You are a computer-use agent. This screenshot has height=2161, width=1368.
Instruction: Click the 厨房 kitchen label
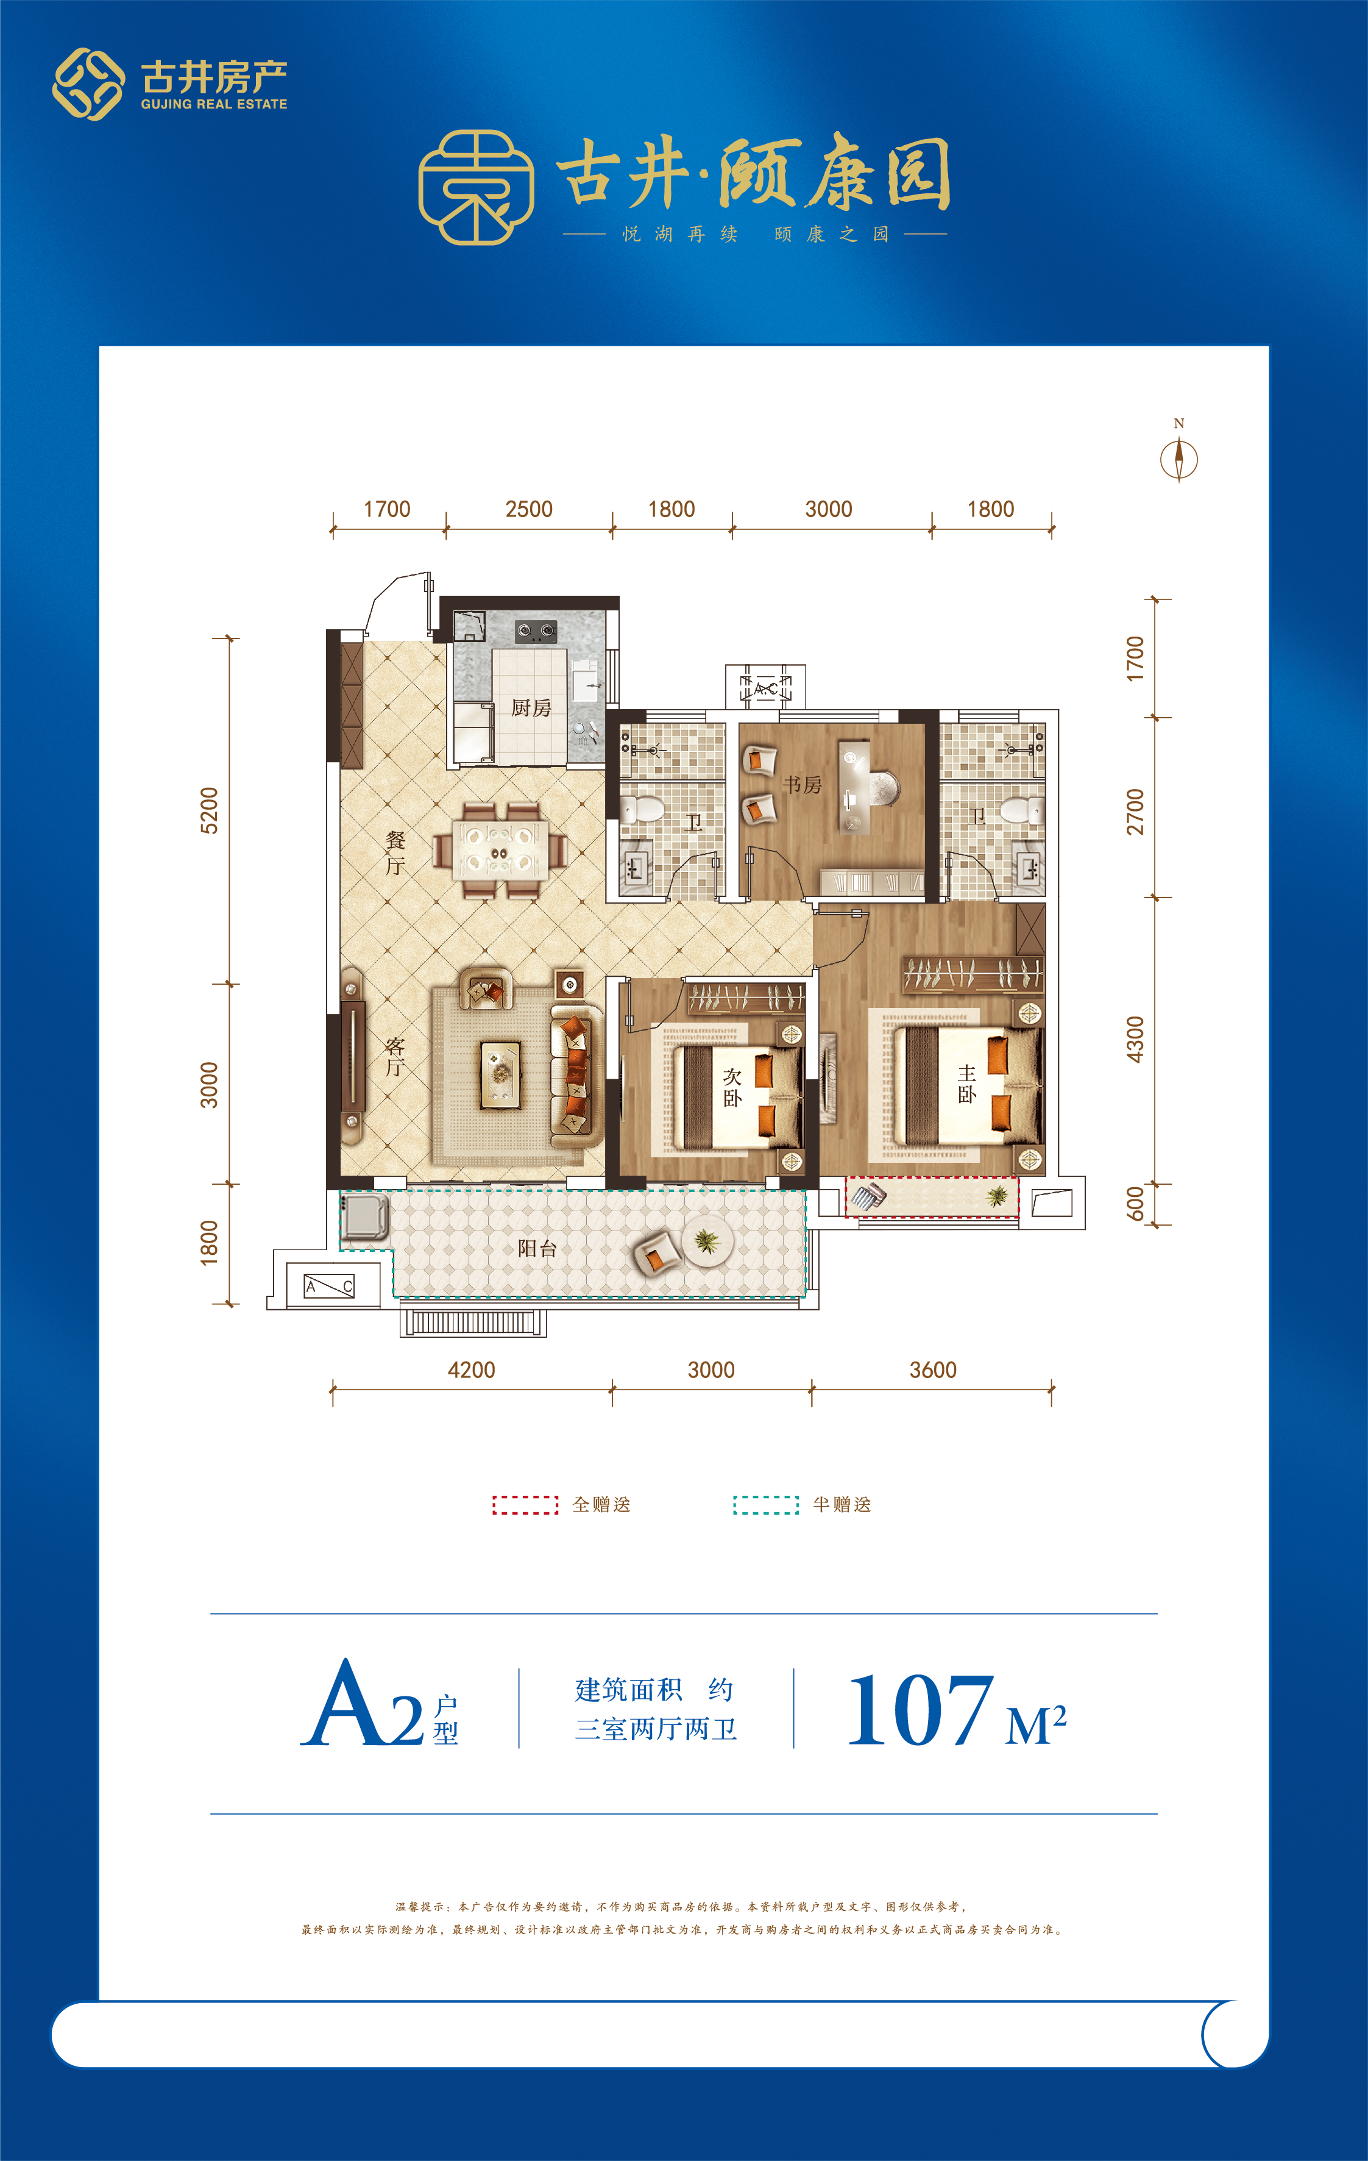(531, 708)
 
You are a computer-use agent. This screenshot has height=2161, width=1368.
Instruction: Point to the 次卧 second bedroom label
(732, 1087)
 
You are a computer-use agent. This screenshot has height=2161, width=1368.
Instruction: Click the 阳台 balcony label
(537, 1248)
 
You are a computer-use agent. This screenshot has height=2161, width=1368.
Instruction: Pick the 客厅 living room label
(395, 1056)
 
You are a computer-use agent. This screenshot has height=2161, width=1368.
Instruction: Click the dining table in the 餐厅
(500, 849)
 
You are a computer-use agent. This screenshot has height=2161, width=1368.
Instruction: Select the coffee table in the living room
(500, 1073)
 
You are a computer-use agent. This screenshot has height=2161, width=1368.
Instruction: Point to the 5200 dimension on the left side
(208, 810)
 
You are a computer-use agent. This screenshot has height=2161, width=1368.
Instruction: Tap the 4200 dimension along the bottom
(471, 1370)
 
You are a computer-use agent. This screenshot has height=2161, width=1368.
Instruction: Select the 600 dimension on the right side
(1135, 1204)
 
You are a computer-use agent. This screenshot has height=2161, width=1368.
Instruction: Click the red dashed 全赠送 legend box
(526, 1505)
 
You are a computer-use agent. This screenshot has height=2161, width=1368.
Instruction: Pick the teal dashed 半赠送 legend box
(766, 1505)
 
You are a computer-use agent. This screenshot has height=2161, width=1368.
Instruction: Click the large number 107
(920, 1710)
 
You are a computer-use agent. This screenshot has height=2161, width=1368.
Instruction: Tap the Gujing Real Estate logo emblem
(88, 84)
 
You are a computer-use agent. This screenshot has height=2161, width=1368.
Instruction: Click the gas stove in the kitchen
(536, 631)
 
